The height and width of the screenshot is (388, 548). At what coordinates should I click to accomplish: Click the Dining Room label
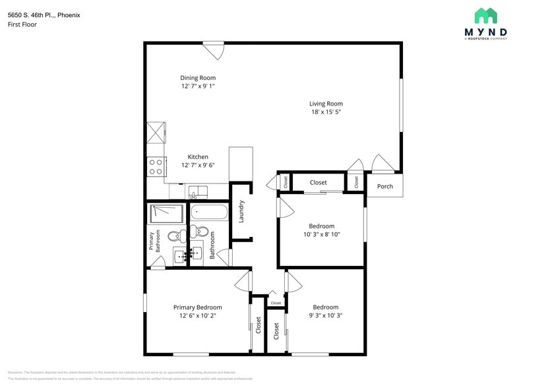198,78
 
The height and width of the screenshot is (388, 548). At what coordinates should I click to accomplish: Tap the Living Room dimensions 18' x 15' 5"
326,112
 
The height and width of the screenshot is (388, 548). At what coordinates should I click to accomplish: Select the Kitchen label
198,157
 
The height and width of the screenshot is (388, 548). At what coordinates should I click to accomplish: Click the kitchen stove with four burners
156,166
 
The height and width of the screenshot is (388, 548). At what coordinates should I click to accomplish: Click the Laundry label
242,211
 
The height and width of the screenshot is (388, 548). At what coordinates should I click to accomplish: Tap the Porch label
384,186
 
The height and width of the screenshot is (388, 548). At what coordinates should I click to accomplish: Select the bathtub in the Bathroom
209,213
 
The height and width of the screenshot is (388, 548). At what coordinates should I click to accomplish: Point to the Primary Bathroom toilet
175,236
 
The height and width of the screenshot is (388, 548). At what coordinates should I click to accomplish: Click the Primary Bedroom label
197,307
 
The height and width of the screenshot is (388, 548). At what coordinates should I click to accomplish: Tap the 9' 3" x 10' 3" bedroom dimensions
325,315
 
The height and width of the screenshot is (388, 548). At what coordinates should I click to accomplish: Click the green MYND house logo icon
486,16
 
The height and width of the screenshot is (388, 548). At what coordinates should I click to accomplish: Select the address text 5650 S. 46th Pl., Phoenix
44,15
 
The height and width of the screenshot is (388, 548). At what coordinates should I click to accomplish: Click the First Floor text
22,24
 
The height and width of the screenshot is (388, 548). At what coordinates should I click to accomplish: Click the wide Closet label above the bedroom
319,183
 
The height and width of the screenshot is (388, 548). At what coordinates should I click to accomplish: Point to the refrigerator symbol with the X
156,132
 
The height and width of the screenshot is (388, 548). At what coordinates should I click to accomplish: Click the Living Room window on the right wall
400,106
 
